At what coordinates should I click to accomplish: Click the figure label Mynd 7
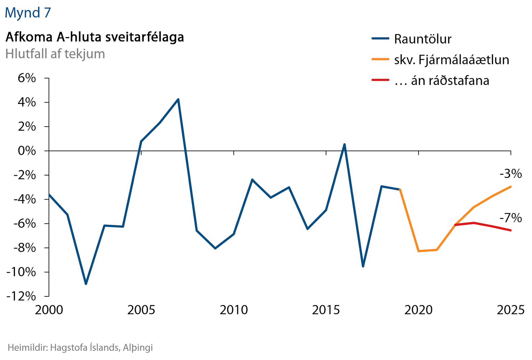pyautogui.click(x=28, y=12)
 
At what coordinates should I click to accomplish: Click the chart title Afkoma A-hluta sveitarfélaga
pyautogui.click(x=95, y=37)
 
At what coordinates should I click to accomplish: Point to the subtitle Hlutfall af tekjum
pyautogui.click(x=55, y=54)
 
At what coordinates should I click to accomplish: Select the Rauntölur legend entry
pyautogui.click(x=422, y=39)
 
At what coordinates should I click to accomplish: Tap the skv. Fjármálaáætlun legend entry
pyautogui.click(x=451, y=60)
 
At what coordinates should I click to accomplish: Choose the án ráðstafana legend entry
pyautogui.click(x=442, y=80)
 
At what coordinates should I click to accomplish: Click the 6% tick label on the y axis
pyautogui.click(x=27, y=78)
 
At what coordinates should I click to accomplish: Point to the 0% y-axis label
pyautogui.click(x=27, y=151)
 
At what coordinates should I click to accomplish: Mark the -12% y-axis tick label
pyautogui.click(x=21, y=296)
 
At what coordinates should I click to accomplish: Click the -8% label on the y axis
pyautogui.click(x=24, y=248)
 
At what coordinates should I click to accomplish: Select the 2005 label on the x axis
pyautogui.click(x=141, y=310)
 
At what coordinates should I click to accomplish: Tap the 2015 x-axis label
pyautogui.click(x=326, y=310)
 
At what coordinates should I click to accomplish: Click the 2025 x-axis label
pyautogui.click(x=510, y=310)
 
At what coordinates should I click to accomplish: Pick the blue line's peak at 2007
pyautogui.click(x=178, y=99)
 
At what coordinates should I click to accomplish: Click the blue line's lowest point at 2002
pyautogui.click(x=86, y=284)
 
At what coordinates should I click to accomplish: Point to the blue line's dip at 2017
pyautogui.click(x=363, y=266)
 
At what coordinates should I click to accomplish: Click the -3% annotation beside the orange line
pyautogui.click(x=510, y=174)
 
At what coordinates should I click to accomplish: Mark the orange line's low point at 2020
pyautogui.click(x=419, y=251)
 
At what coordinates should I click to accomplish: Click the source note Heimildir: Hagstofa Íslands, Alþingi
pyautogui.click(x=80, y=348)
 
